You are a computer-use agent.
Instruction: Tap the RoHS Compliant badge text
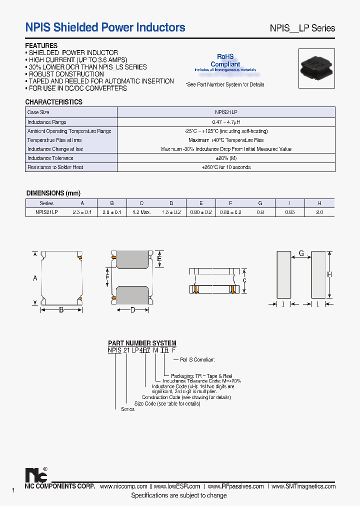tap(225, 60)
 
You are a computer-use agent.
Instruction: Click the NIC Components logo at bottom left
tap(35, 474)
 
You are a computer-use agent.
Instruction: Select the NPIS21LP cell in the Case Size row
tap(226, 112)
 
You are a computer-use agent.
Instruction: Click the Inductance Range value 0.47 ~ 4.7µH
tap(226, 122)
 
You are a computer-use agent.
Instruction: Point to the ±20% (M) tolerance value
tap(226, 158)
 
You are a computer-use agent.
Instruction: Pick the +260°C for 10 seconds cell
tap(226, 167)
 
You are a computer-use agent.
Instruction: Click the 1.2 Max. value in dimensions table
tap(142, 212)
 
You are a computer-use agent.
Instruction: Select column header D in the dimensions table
tap(171, 203)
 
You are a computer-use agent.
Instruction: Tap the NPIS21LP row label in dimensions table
tap(46, 212)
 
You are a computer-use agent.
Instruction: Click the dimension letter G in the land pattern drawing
tap(301, 253)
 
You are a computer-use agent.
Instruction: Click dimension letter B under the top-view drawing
tap(61, 310)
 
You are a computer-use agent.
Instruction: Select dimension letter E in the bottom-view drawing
tap(159, 258)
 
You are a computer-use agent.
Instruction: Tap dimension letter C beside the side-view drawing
tap(244, 280)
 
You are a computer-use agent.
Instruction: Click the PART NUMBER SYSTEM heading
tap(142, 343)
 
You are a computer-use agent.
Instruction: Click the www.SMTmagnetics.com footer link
tap(304, 486)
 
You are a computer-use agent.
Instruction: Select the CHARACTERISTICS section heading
tap(53, 102)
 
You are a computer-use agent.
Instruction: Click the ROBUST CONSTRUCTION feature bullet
tap(66, 74)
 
